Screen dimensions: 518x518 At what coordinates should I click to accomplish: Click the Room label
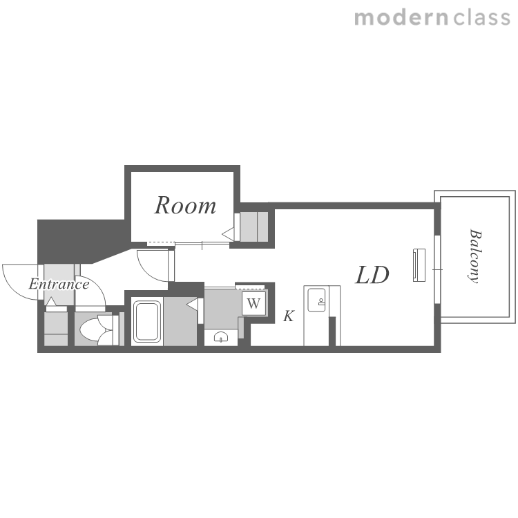point(185,206)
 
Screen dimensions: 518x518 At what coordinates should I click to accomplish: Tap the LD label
point(372,275)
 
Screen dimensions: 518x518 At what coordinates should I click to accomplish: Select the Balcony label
point(475,256)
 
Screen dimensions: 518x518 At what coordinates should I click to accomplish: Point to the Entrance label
point(59,284)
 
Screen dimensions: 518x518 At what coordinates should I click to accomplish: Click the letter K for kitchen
point(289,316)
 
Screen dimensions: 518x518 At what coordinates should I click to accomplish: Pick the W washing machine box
point(253,303)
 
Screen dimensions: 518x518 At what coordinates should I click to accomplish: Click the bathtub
point(146,321)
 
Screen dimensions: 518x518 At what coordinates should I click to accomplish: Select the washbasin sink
point(221,337)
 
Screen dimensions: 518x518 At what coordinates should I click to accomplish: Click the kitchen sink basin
point(316,300)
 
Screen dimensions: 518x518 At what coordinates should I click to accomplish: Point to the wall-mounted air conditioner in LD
point(419,265)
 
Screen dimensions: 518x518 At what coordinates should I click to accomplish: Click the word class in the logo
point(481,17)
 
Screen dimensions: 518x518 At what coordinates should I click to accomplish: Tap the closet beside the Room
point(253,227)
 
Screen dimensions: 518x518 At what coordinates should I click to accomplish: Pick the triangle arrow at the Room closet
point(228,234)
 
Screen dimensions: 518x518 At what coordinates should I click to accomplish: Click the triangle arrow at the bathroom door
point(192,305)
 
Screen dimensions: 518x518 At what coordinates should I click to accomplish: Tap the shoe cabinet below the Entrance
point(56,329)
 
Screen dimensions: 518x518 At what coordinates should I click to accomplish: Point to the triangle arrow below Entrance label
point(51,301)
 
